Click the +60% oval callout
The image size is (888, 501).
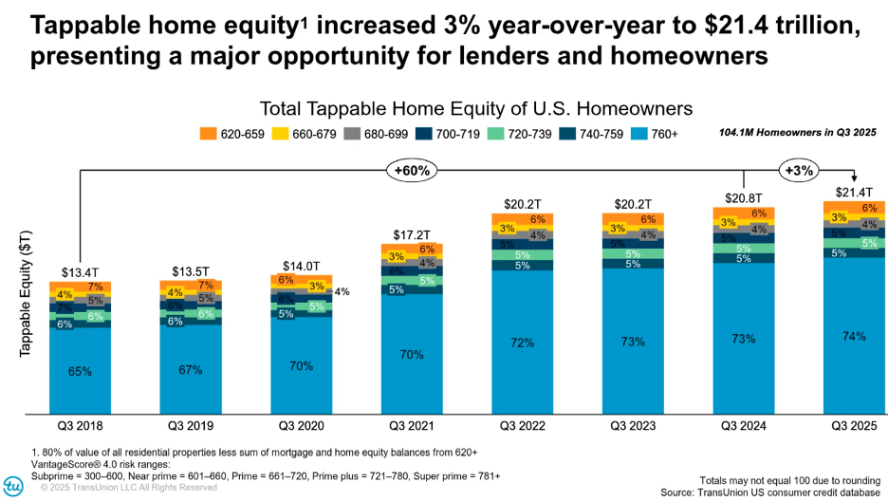click(411, 171)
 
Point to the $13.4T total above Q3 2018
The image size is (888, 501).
click(80, 273)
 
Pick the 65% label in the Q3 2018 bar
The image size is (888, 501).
click(80, 371)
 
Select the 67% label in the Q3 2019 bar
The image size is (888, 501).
click(191, 369)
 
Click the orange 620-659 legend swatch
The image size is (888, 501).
click(207, 134)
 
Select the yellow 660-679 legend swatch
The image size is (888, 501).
click(280, 134)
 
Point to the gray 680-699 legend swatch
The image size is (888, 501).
click(353, 134)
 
